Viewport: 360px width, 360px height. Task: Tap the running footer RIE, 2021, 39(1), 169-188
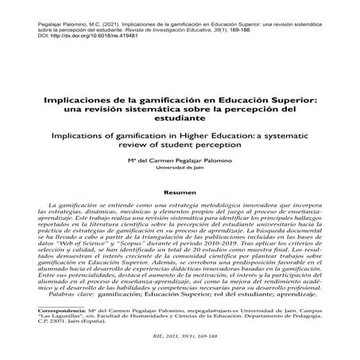click(x=180, y=349)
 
